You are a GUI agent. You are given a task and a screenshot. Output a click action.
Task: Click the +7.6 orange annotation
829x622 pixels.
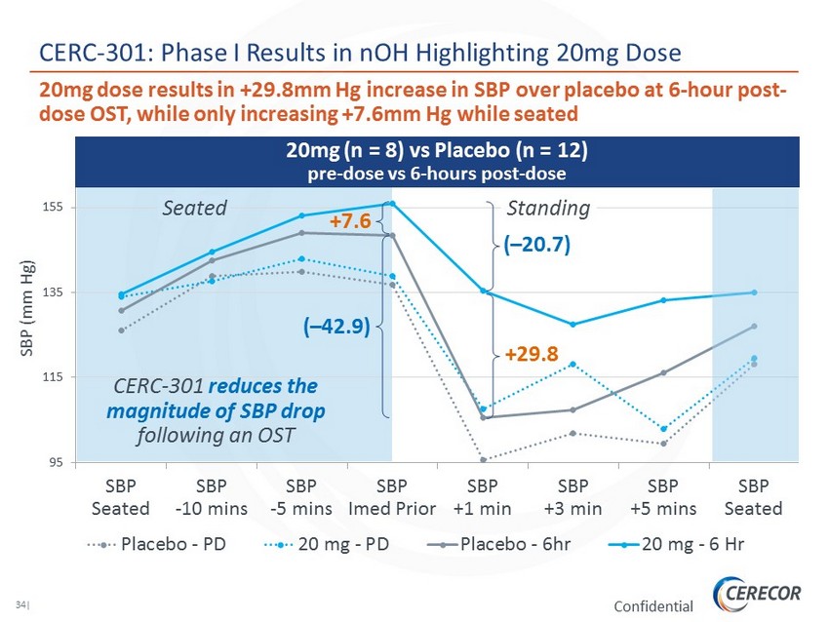[x=349, y=221]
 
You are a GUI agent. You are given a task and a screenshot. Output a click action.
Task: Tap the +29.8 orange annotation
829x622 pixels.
[x=532, y=356]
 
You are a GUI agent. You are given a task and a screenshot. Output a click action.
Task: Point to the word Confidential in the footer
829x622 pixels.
[x=653, y=606]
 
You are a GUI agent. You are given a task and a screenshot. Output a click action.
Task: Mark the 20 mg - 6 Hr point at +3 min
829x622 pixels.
[x=572, y=324]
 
